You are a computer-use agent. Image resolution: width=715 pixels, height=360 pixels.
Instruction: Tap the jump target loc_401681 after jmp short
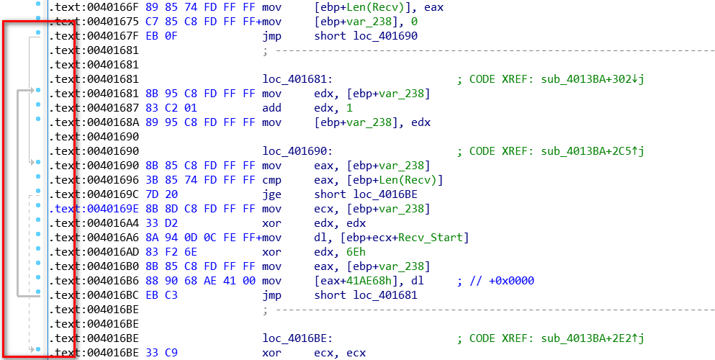pyautogui.click(x=383, y=295)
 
